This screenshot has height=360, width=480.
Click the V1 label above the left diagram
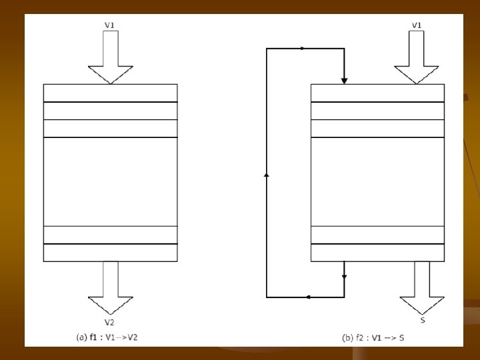110,25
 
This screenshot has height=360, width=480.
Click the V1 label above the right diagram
417,25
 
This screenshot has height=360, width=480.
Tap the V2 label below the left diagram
110,322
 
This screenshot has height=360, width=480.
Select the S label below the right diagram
423,321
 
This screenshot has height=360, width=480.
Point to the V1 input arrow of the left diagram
110,57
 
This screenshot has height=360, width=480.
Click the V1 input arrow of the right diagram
417,57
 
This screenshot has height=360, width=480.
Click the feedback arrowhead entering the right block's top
344,80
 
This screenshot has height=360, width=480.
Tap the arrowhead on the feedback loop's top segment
303,49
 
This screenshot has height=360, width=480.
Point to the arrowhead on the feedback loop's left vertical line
267,175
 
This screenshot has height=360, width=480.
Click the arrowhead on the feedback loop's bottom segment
308,297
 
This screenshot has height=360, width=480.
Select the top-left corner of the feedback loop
267,49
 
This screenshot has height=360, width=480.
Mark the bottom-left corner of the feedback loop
267,297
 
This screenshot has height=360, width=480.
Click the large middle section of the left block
110,181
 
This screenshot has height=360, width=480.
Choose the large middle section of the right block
377,181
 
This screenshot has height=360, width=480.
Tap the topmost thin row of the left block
110,93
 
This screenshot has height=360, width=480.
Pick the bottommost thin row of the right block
377,253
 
